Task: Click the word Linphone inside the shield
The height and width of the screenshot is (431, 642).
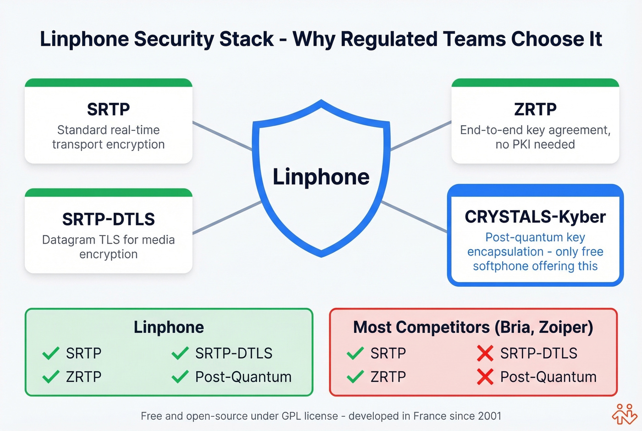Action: pyautogui.click(x=321, y=177)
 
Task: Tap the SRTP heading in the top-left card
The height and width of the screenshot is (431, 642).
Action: pyautogui.click(x=108, y=109)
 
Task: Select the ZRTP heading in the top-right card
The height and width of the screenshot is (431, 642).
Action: pyautogui.click(x=535, y=109)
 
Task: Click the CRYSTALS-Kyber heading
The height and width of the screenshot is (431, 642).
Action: pyautogui.click(x=535, y=217)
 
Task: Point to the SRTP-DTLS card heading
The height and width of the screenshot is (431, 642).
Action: pyautogui.click(x=108, y=219)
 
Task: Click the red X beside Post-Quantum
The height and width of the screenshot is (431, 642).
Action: pyautogui.click(x=485, y=377)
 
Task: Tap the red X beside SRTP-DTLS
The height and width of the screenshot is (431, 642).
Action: pyautogui.click(x=485, y=353)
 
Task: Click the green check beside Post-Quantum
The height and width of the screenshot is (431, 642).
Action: pyautogui.click(x=180, y=377)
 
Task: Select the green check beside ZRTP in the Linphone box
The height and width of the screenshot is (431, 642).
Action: pyautogui.click(x=50, y=377)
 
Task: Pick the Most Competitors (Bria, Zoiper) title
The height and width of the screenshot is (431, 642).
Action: pyautogui.click(x=473, y=327)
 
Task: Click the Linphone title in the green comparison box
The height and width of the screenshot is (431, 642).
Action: pyautogui.click(x=169, y=327)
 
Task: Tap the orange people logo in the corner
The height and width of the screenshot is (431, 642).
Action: pyautogui.click(x=625, y=414)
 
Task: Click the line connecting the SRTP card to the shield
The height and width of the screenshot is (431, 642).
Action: pyautogui.click(x=222, y=136)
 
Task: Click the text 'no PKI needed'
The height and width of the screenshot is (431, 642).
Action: pyautogui.click(x=535, y=145)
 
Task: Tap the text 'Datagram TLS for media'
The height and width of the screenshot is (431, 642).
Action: pyautogui.click(x=108, y=240)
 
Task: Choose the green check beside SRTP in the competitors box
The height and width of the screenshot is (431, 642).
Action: pyautogui.click(x=355, y=353)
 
